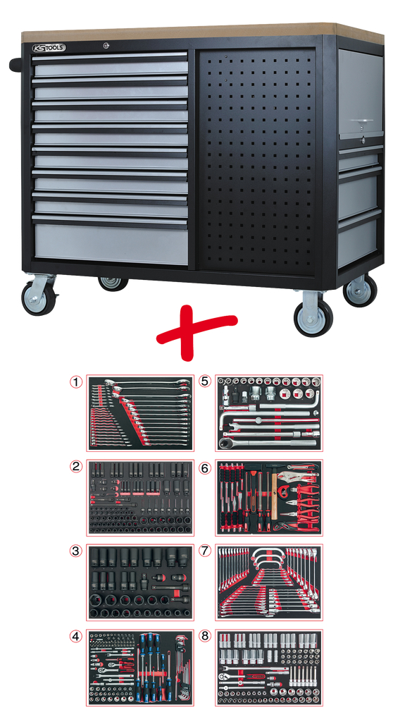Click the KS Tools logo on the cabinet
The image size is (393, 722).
point(49,47)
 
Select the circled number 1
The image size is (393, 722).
point(75,381)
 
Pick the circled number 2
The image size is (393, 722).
point(75,467)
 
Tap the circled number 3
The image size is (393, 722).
point(75,551)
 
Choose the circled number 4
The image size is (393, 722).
point(75,637)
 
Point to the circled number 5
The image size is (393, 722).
point(205,381)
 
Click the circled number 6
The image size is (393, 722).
point(205,467)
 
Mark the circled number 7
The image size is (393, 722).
point(205,551)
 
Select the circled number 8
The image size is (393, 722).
point(205,637)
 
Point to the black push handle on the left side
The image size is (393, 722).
point(15,64)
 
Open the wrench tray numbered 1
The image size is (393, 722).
point(140,413)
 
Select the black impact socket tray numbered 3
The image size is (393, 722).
point(140,582)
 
